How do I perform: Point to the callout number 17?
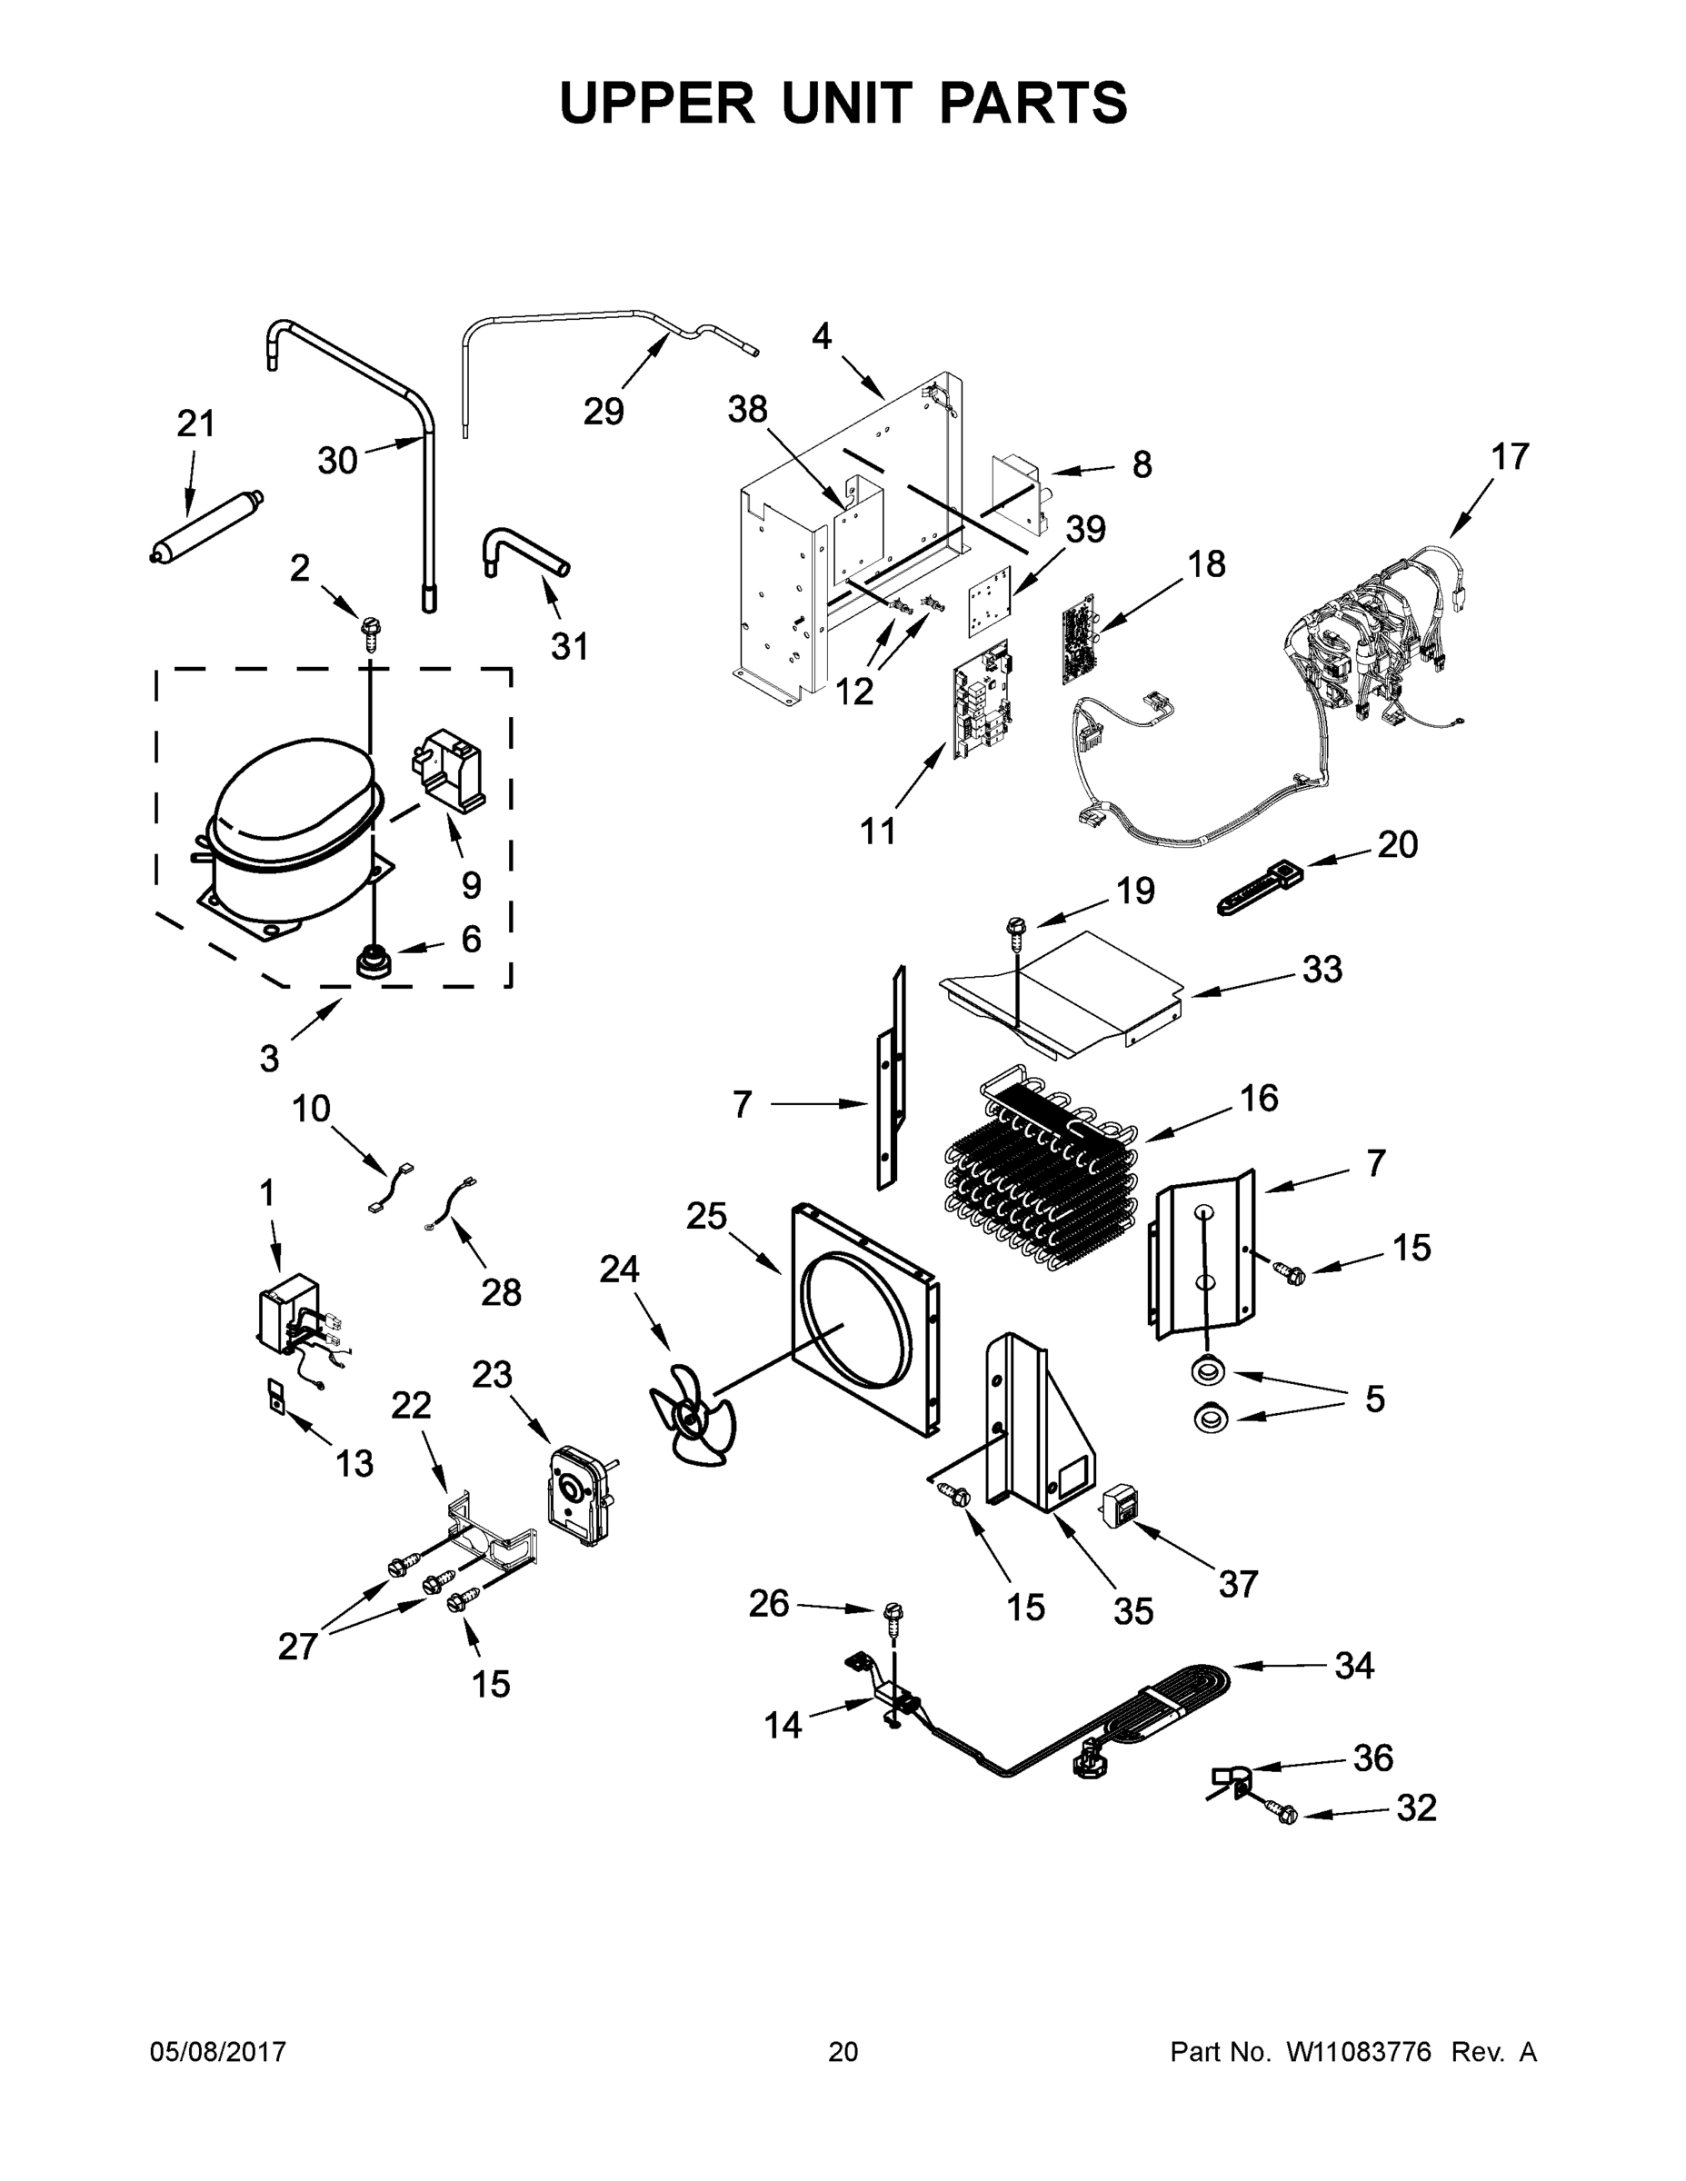pos(1509,457)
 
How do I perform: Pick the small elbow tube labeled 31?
pos(524,553)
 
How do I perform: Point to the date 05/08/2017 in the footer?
pos(218,2052)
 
